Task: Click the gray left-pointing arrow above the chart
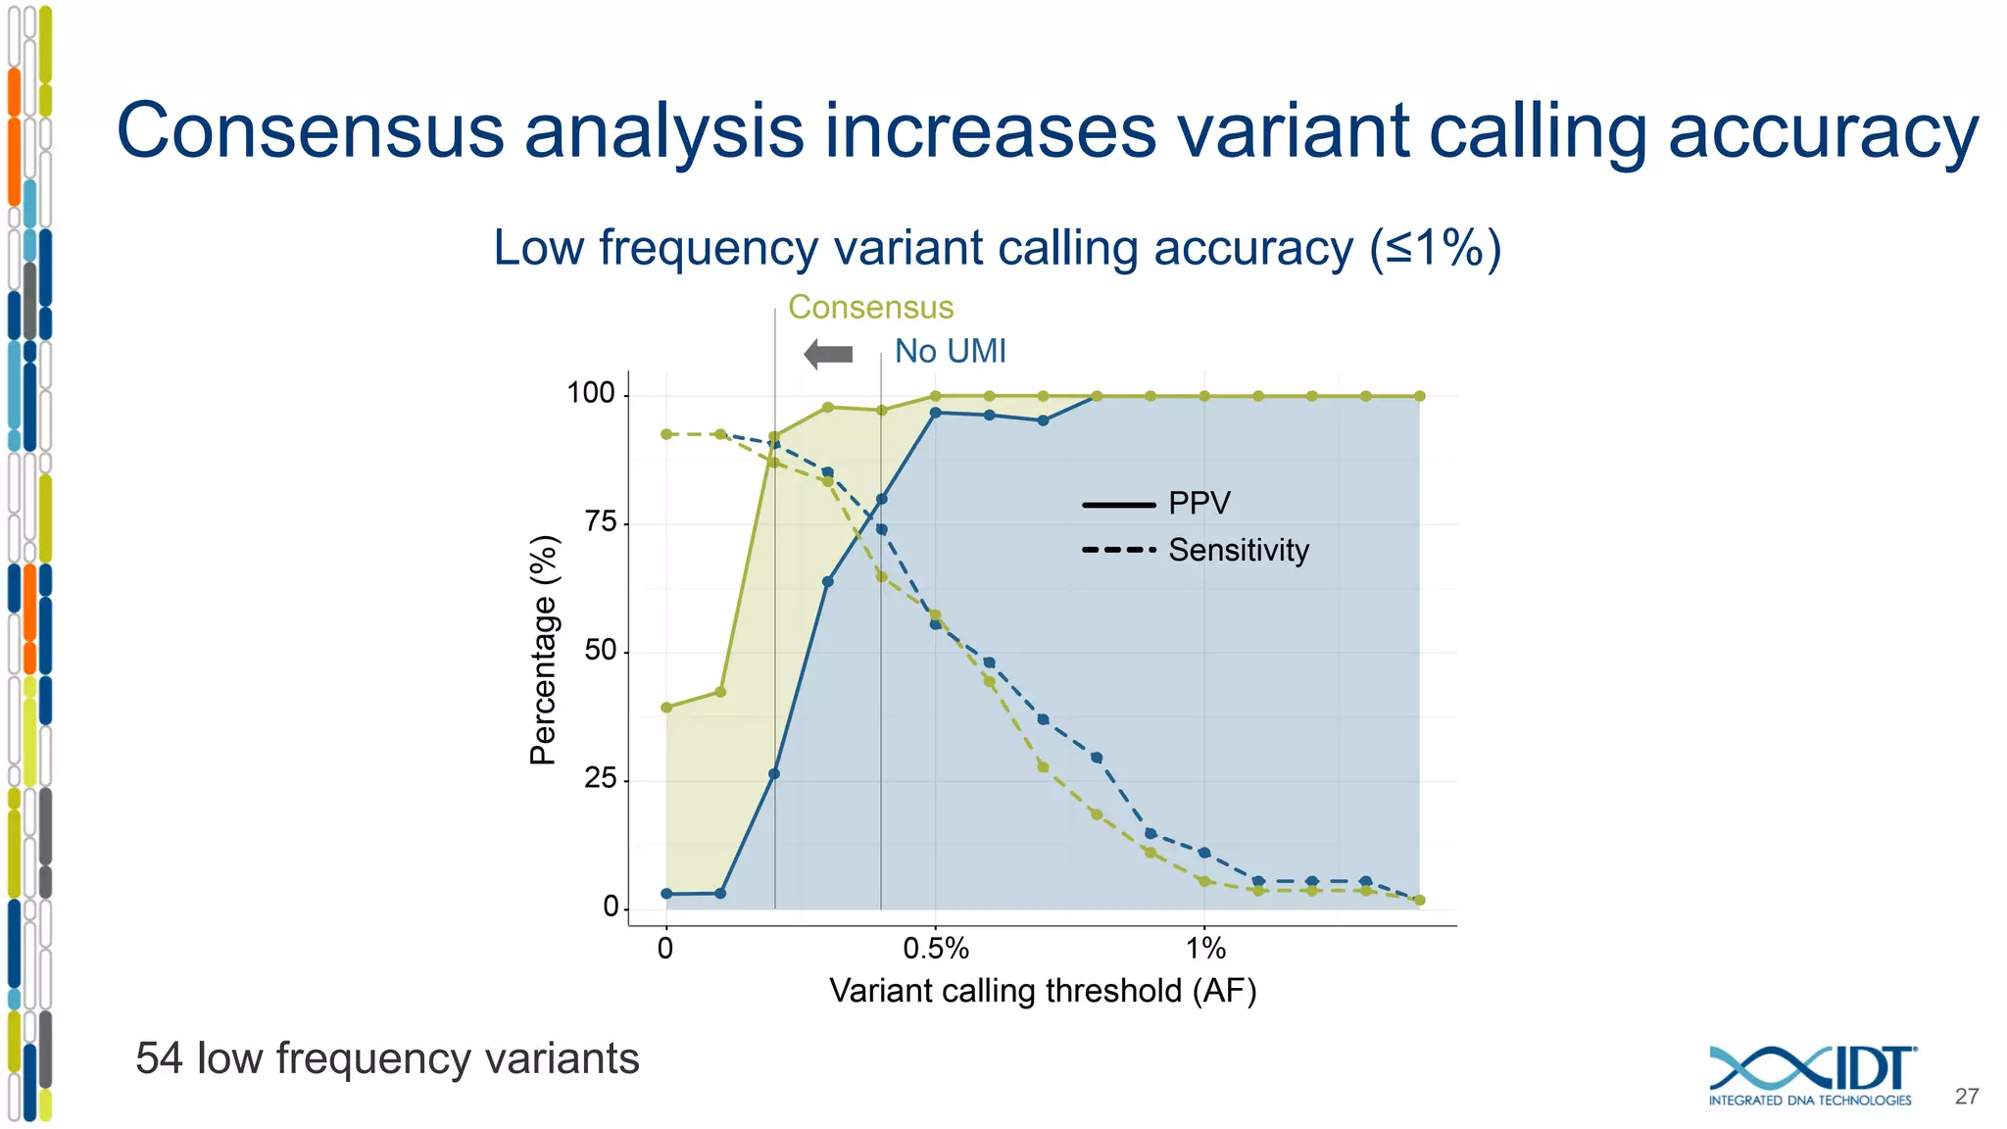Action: (x=828, y=354)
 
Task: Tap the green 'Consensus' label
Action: (x=870, y=308)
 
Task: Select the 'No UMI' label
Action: (x=950, y=351)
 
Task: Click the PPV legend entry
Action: (x=1198, y=504)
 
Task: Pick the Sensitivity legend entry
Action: (x=1238, y=550)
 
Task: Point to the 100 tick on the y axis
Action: (x=591, y=394)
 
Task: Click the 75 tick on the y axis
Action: (x=600, y=522)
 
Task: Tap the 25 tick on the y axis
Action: (x=600, y=779)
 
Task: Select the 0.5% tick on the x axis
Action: (x=936, y=949)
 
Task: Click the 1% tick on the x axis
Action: (x=1205, y=949)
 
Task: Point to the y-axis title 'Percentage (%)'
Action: (x=543, y=650)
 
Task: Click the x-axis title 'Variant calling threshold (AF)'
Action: (x=1043, y=991)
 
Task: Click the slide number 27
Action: (x=1967, y=1097)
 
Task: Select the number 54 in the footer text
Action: (x=159, y=1059)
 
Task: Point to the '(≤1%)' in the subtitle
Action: (x=1436, y=248)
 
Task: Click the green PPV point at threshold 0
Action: (x=666, y=708)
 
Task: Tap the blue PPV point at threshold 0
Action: (x=666, y=894)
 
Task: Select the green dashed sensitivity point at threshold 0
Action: (x=666, y=434)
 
